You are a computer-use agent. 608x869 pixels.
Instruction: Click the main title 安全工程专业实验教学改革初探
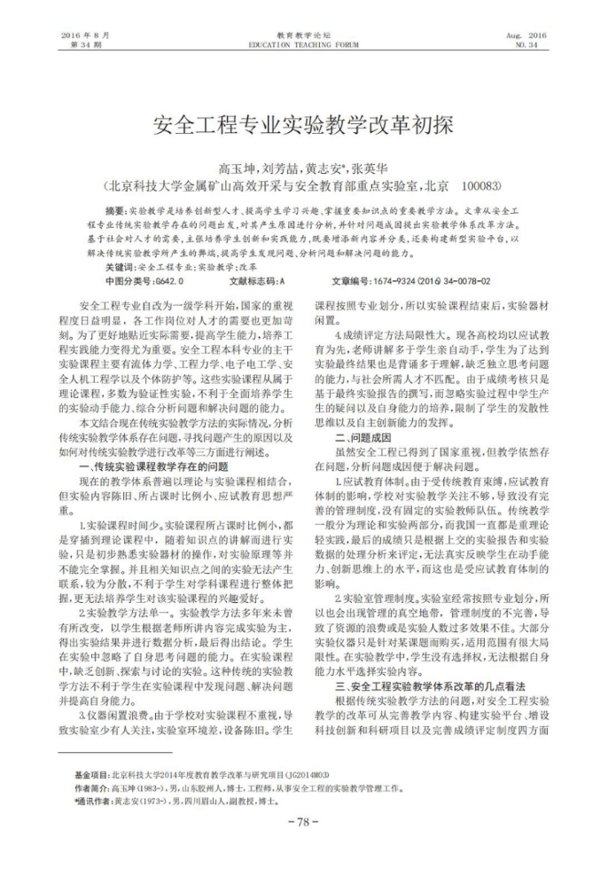coord(303,121)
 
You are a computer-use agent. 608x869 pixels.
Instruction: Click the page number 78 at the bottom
coord(303,821)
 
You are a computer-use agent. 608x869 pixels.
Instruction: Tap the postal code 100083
coord(483,185)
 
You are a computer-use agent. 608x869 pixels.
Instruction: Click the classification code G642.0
coord(166,280)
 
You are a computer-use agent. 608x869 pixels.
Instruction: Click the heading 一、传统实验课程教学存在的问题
coord(153,465)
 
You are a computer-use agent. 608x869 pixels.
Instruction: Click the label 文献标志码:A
coord(257,280)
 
